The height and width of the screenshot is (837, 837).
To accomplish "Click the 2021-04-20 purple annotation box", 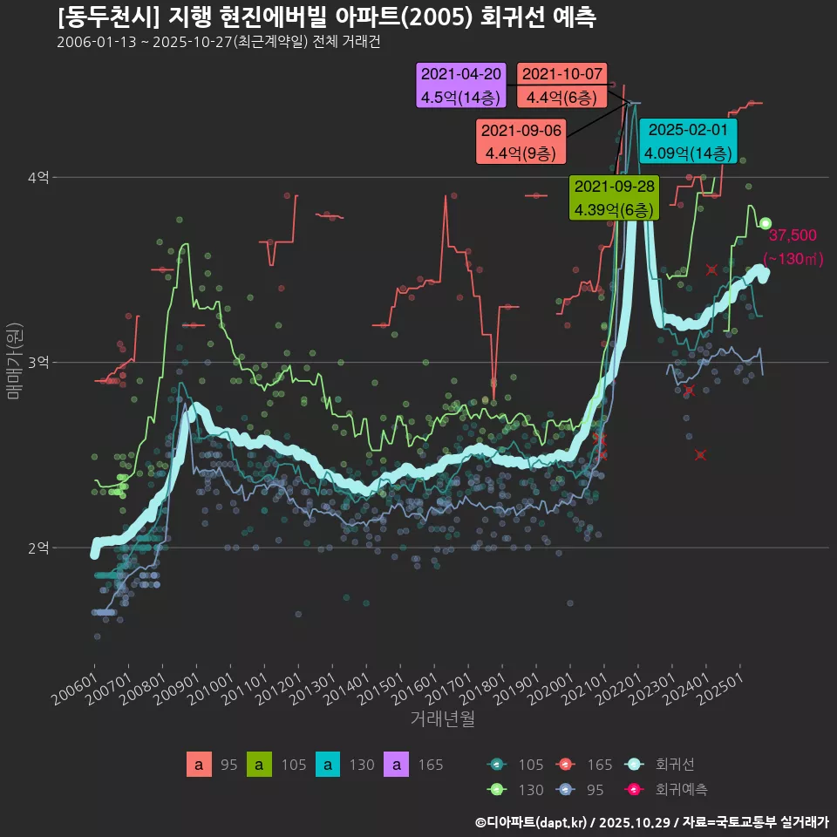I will point(461,85).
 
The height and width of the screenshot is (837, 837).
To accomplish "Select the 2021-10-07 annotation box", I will point(561,85).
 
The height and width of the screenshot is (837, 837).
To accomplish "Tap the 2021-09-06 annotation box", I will point(521,141).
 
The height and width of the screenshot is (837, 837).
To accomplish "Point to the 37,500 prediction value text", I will point(792,235).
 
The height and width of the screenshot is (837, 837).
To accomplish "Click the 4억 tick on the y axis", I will point(37,177).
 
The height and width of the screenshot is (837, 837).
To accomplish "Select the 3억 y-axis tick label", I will point(37,362).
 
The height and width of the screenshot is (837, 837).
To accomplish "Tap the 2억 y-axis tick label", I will point(37,548).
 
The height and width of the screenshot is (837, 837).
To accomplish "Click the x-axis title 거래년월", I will point(442,719).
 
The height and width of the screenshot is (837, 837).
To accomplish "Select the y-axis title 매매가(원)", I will point(15,362).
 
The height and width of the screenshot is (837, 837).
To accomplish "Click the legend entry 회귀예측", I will point(680,790).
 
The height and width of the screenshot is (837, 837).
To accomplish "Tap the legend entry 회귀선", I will point(674,765).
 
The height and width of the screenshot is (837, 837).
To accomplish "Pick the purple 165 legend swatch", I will point(397,765).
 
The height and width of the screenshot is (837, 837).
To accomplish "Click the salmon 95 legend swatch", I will point(199,765).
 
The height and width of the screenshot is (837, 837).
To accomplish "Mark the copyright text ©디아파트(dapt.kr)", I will point(532,822).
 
